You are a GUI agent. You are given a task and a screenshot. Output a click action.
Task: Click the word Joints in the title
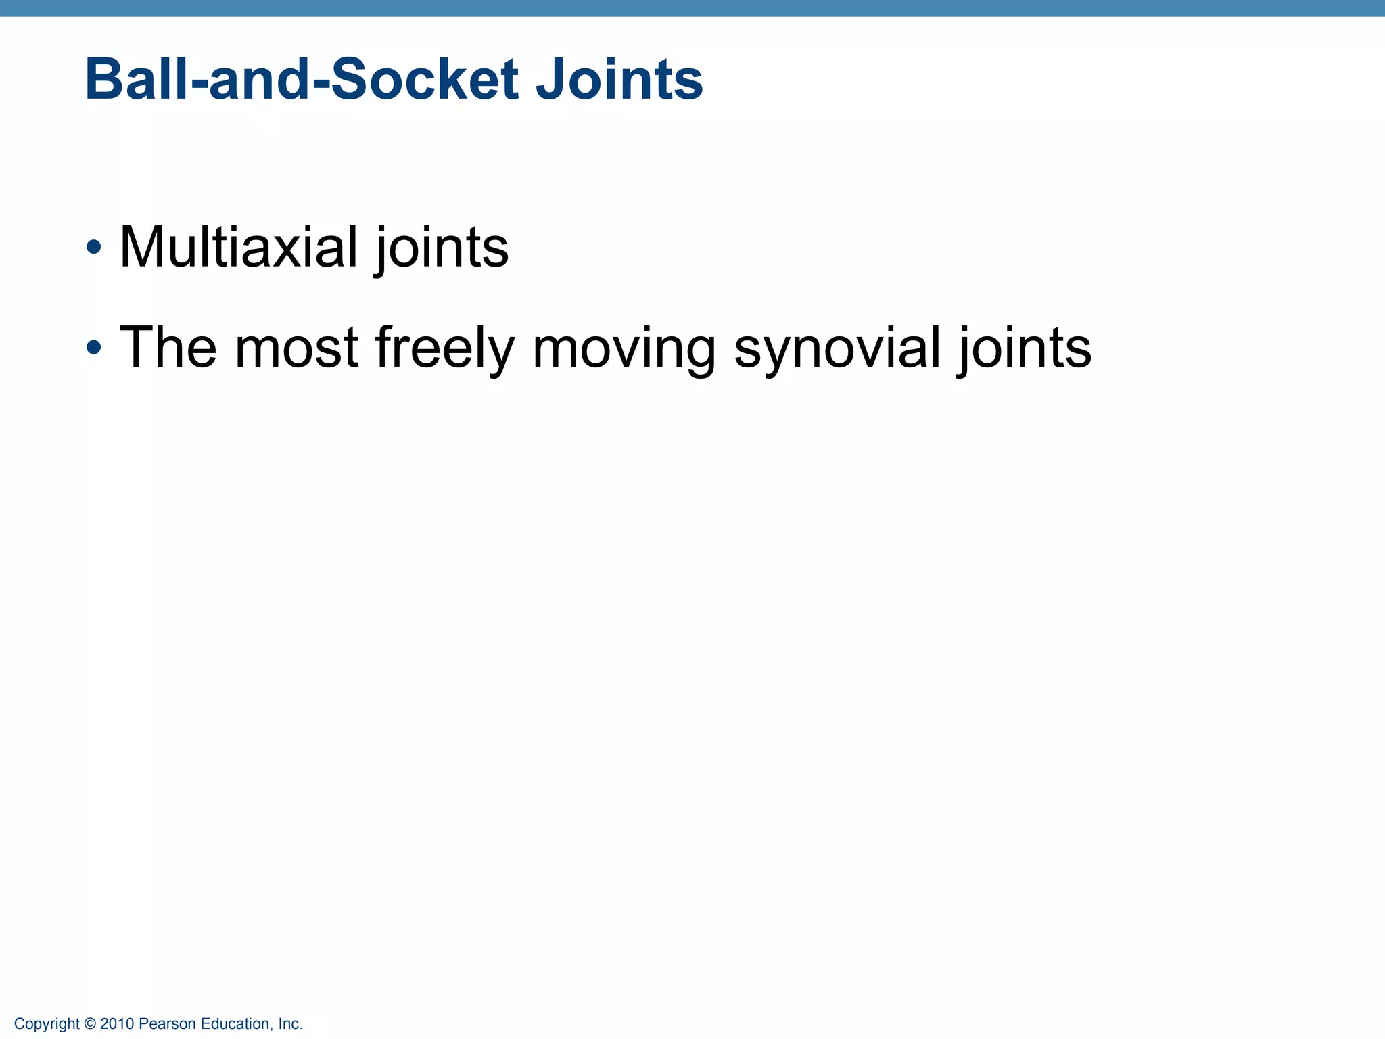(x=619, y=80)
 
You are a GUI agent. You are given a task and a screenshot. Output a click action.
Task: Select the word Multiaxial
(x=238, y=247)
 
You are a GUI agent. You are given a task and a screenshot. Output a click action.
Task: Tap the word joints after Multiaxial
(x=442, y=248)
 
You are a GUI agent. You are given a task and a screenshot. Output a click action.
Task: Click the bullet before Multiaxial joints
(x=94, y=247)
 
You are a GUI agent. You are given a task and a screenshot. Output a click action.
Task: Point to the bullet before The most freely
(x=94, y=348)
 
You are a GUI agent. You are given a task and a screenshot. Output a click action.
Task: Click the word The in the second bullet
(x=168, y=348)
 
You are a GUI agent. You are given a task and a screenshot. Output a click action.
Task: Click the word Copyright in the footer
(x=47, y=1024)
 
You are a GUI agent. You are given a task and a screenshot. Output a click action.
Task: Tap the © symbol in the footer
(x=90, y=1024)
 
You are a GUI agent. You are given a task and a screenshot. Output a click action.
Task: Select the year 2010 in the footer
(x=117, y=1024)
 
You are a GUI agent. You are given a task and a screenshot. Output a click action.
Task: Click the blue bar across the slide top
(x=692, y=8)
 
